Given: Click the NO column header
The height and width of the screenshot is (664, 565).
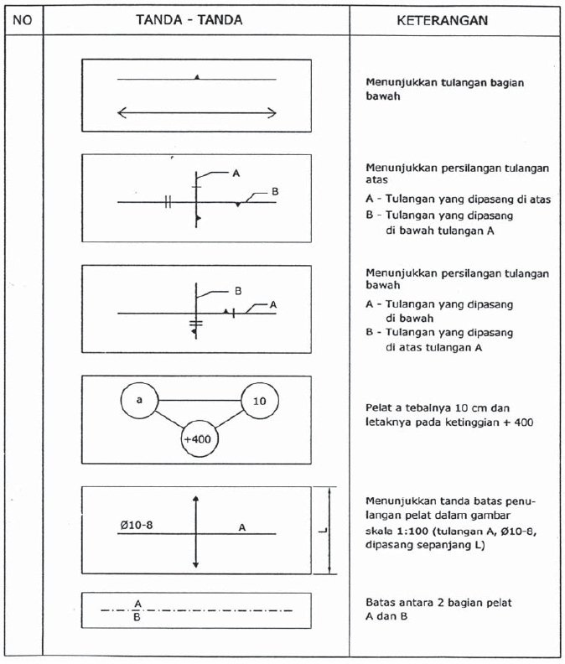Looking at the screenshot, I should click(23, 20).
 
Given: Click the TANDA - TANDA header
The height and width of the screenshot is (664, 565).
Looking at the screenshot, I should click(189, 19).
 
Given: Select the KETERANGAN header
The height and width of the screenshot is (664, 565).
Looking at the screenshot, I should click(442, 20).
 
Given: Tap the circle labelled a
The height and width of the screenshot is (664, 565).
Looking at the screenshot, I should click(138, 401).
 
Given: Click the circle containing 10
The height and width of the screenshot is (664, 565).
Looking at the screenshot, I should click(259, 401).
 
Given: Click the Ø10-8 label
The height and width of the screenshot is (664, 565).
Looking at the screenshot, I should click(136, 525).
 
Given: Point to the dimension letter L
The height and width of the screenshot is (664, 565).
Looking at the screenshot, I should click(323, 530).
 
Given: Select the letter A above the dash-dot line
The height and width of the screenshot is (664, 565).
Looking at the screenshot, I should click(137, 603).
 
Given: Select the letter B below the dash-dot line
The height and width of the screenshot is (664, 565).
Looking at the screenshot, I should click(137, 619).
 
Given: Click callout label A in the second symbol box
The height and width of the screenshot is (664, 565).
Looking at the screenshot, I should click(236, 173).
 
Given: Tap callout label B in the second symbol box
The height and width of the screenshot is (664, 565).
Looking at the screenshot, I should click(275, 192).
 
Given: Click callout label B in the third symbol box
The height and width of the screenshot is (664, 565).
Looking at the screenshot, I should click(237, 291).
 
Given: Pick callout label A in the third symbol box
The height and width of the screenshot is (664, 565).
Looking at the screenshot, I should click(273, 306).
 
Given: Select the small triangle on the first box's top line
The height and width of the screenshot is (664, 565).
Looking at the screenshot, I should click(197, 76).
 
